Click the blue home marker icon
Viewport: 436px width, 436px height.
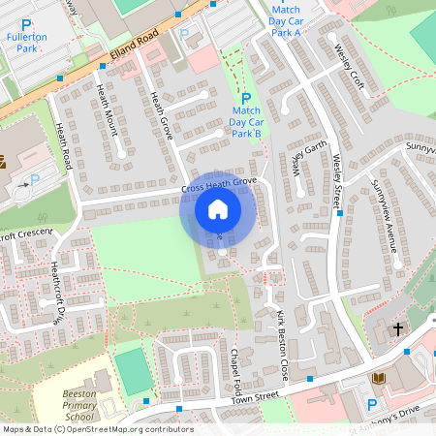tap(218, 209)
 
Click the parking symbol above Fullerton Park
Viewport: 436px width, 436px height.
tap(26, 23)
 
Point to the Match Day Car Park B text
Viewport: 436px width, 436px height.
tap(246, 121)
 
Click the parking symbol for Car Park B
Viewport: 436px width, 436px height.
tap(245, 98)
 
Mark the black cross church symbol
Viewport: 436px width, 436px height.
tap(397, 330)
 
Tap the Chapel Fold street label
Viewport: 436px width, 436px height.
tap(234, 367)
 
